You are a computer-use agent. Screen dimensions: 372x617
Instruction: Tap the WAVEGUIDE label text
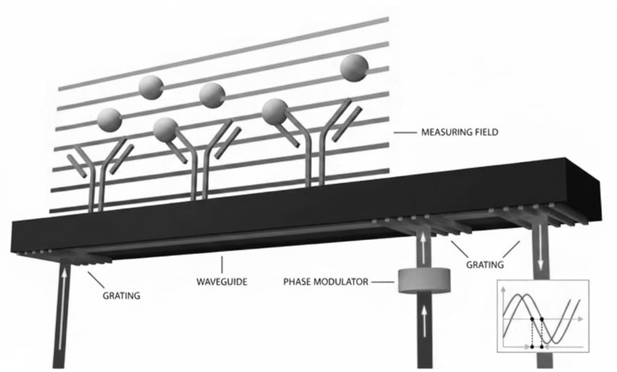pyautogui.click(x=218, y=280)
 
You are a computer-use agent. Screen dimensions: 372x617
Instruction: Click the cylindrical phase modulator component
pyautogui.click(x=422, y=280)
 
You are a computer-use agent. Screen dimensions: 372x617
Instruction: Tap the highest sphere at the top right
pyautogui.click(x=354, y=67)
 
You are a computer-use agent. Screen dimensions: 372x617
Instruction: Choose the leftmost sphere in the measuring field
pyautogui.click(x=109, y=120)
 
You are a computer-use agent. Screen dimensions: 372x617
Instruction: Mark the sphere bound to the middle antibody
pyautogui.click(x=165, y=129)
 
